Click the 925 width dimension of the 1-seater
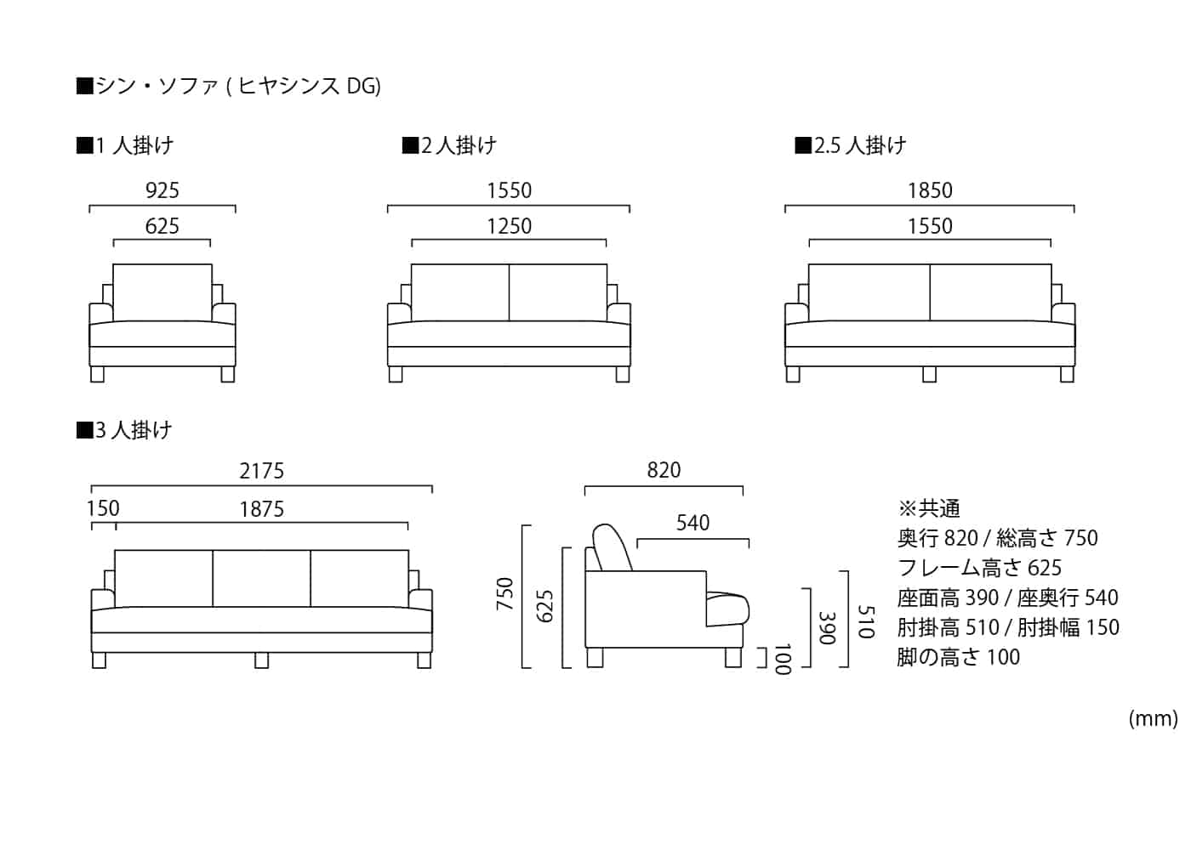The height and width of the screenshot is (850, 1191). [162, 190]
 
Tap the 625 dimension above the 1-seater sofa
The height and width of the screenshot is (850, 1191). [162, 226]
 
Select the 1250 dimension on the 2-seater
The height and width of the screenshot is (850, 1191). [509, 226]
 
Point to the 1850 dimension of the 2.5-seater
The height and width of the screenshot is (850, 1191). [930, 190]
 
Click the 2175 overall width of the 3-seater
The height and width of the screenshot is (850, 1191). [261, 471]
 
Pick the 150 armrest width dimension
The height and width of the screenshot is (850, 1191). [103, 508]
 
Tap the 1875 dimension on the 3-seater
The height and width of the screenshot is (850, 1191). [261, 509]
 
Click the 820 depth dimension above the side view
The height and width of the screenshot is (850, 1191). [664, 470]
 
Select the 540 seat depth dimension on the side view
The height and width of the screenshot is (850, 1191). [692, 523]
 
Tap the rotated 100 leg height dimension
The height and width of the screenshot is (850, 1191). [782, 658]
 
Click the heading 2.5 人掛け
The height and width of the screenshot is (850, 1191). [851, 145]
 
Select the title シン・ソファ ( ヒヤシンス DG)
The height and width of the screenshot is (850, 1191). [229, 86]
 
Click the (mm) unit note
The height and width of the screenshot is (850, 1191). [1153, 719]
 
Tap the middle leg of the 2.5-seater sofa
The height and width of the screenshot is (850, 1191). [929, 374]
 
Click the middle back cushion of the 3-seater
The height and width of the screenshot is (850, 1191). [261, 578]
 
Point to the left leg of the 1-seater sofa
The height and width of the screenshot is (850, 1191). [98, 374]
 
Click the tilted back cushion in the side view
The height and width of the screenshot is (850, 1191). [613, 548]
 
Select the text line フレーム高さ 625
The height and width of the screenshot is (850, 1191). [979, 568]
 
